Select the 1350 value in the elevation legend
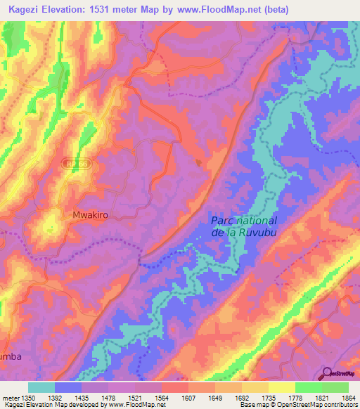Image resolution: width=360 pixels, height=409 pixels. (x=28, y=397)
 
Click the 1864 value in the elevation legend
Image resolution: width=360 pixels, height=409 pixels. (x=347, y=397)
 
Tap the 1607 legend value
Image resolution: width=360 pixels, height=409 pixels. (x=188, y=397)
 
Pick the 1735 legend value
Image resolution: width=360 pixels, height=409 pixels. (x=268, y=397)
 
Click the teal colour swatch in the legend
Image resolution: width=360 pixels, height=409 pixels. (x=41, y=387)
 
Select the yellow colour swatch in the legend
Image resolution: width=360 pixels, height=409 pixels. (x=281, y=387)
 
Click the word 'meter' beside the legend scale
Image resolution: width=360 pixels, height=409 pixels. (x=10, y=397)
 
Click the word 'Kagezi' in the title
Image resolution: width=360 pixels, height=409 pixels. (x=23, y=11)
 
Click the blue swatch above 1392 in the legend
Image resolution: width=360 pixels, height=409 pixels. (x=68, y=387)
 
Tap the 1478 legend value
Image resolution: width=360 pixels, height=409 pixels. (x=109, y=397)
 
